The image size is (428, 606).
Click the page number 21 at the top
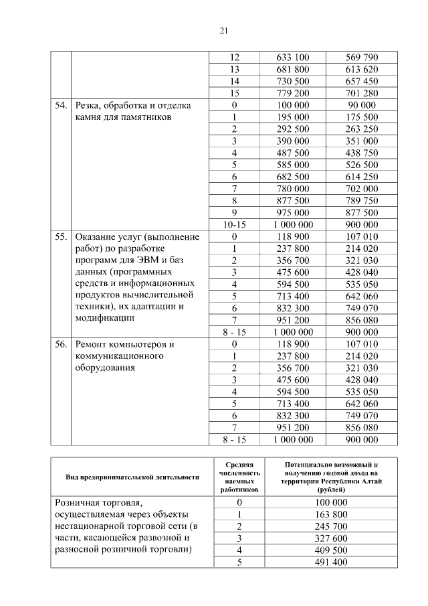pos(224,30)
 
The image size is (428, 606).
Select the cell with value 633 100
pos(292,58)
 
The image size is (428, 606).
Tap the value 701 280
pos(362,93)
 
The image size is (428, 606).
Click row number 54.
pos(61,105)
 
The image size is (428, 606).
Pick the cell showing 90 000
pos(362,105)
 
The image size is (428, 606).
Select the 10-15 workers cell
pos(234,225)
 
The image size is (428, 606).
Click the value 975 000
pos(292,213)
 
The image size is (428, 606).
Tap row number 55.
pos(61,237)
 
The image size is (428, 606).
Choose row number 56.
pos(61,344)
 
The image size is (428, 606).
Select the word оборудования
pos(106,368)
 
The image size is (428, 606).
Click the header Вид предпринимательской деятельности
pos(132,477)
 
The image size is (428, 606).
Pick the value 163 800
pos(330,514)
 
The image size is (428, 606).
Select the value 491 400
pos(330,562)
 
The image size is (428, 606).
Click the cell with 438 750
pos(362,153)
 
